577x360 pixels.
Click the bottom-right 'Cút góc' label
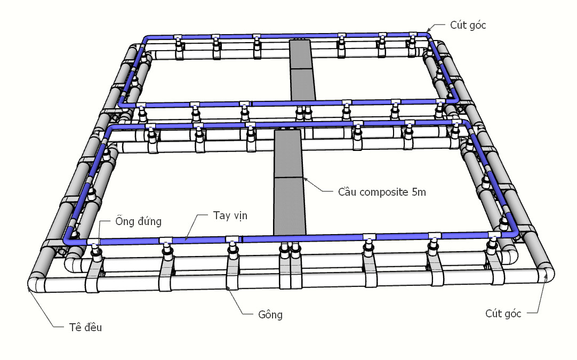tap(503, 313)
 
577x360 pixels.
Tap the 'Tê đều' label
tap(85, 327)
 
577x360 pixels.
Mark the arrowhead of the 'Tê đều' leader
tap(28, 289)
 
